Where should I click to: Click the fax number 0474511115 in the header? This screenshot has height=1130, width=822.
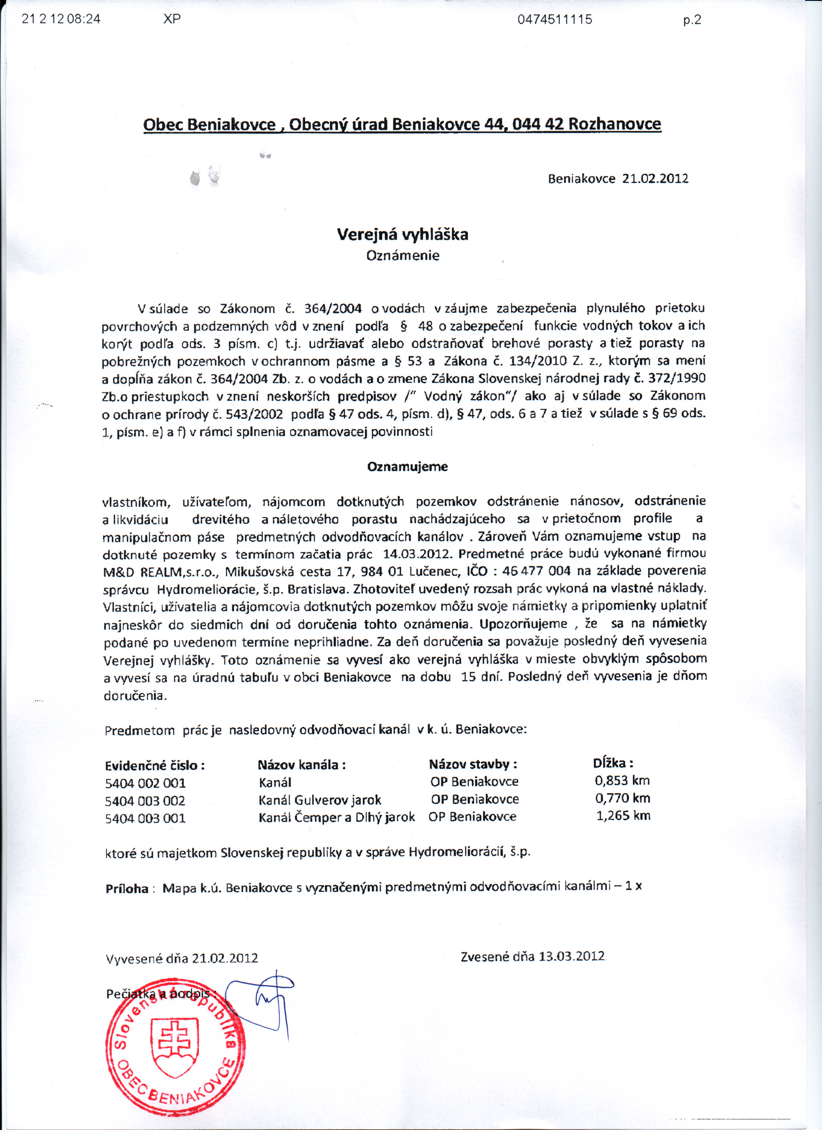(554, 19)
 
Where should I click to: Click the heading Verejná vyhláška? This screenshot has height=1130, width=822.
(402, 235)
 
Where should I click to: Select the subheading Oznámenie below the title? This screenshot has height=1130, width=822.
(402, 256)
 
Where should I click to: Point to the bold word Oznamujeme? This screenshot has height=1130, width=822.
(407, 467)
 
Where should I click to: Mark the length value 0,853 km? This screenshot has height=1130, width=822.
(622, 781)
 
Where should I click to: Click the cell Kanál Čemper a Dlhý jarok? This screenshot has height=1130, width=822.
(337, 817)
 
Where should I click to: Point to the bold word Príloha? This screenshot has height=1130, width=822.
(127, 889)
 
